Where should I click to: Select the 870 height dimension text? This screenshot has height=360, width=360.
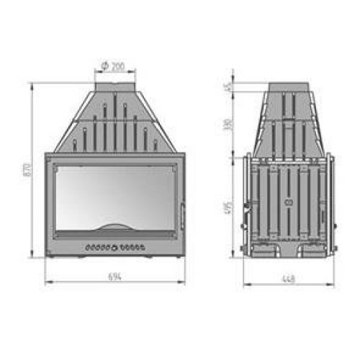point(27,170)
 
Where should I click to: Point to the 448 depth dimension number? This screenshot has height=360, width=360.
point(289,277)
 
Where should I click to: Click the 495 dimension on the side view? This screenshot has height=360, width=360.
point(227,209)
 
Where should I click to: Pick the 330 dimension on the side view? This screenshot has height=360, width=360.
point(227,123)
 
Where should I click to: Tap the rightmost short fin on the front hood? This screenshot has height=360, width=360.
point(156,144)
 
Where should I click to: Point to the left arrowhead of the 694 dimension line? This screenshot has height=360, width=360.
point(47,283)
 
